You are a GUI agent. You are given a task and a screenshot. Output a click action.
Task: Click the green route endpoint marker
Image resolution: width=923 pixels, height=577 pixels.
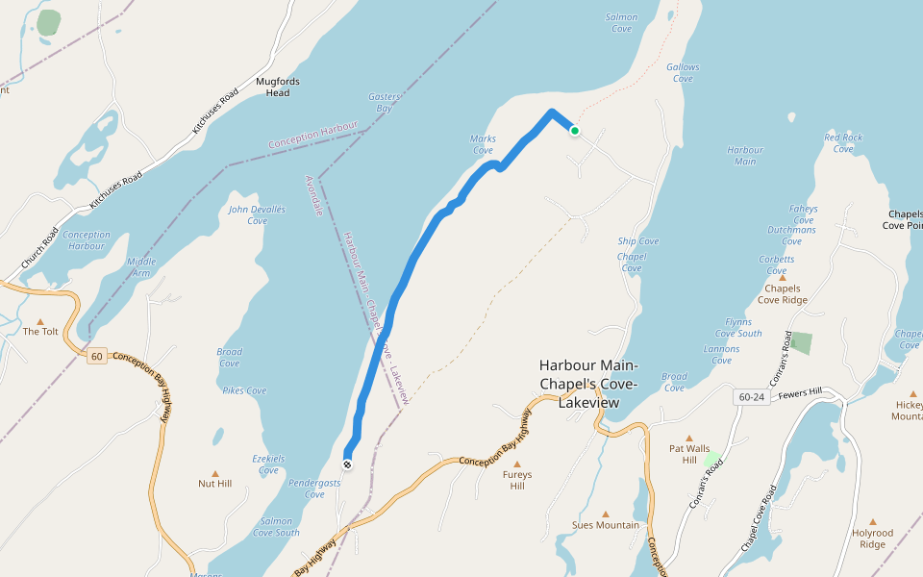click(x=575, y=131)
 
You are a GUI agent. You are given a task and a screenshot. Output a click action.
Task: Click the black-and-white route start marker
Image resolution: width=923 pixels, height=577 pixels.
click(x=347, y=464)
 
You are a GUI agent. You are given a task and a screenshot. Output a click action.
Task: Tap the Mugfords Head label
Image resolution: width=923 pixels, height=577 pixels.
click(x=272, y=88)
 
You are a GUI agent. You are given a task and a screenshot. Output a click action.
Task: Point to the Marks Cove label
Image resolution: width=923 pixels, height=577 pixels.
click(x=483, y=144)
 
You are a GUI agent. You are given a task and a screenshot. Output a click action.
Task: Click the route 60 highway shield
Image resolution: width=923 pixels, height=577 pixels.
click(x=96, y=357)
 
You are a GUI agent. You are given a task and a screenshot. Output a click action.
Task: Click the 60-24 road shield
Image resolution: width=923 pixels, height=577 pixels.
click(x=752, y=396)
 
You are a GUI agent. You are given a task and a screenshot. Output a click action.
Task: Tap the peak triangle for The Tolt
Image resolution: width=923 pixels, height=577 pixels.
click(x=40, y=321)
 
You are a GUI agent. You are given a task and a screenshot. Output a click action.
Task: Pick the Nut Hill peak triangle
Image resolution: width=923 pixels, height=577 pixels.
click(x=214, y=473)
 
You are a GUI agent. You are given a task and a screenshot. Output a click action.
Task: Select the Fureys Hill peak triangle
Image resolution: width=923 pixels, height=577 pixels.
click(x=517, y=464)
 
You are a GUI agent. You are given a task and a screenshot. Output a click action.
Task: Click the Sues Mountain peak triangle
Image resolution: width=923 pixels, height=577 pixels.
click(x=605, y=514)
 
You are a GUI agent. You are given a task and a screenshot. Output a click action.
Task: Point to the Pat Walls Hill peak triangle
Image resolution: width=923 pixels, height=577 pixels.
click(x=689, y=438)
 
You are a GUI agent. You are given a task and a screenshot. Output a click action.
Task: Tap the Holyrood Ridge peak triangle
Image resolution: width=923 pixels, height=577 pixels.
click(x=872, y=522)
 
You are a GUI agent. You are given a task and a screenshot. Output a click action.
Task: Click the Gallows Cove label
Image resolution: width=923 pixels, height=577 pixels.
click(x=683, y=73)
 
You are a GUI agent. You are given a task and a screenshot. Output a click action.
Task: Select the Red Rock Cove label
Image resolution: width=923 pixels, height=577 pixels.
click(x=843, y=143)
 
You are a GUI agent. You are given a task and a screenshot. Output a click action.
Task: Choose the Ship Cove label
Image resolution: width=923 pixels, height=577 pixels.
click(x=638, y=241)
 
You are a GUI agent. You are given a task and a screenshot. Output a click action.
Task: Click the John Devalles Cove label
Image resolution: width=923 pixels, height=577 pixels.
click(x=257, y=214)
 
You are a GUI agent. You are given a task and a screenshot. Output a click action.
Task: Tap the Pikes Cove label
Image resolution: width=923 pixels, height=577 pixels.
click(x=244, y=390)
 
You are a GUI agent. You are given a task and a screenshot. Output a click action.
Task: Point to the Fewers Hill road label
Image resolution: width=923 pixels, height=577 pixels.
click(x=800, y=392)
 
